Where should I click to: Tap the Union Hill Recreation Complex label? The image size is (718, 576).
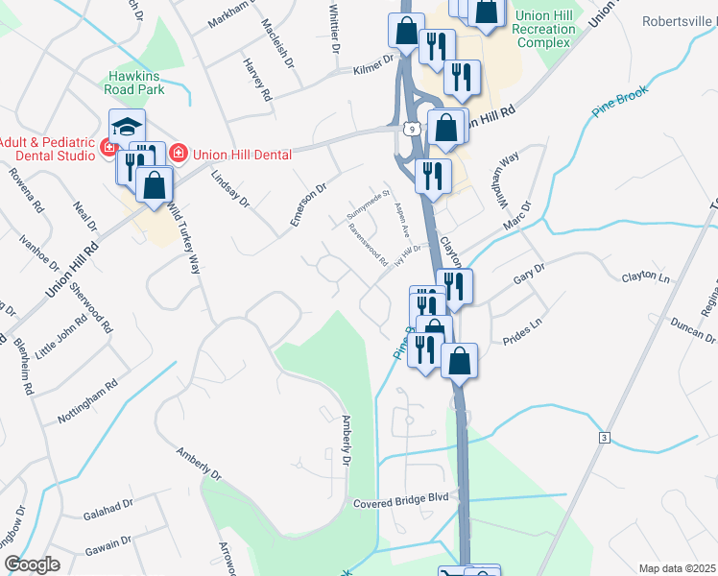(545, 29)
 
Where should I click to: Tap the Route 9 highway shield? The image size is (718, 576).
(411, 128)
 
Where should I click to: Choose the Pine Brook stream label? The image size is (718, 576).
(620, 100)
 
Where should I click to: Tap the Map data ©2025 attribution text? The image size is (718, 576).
(677, 568)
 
